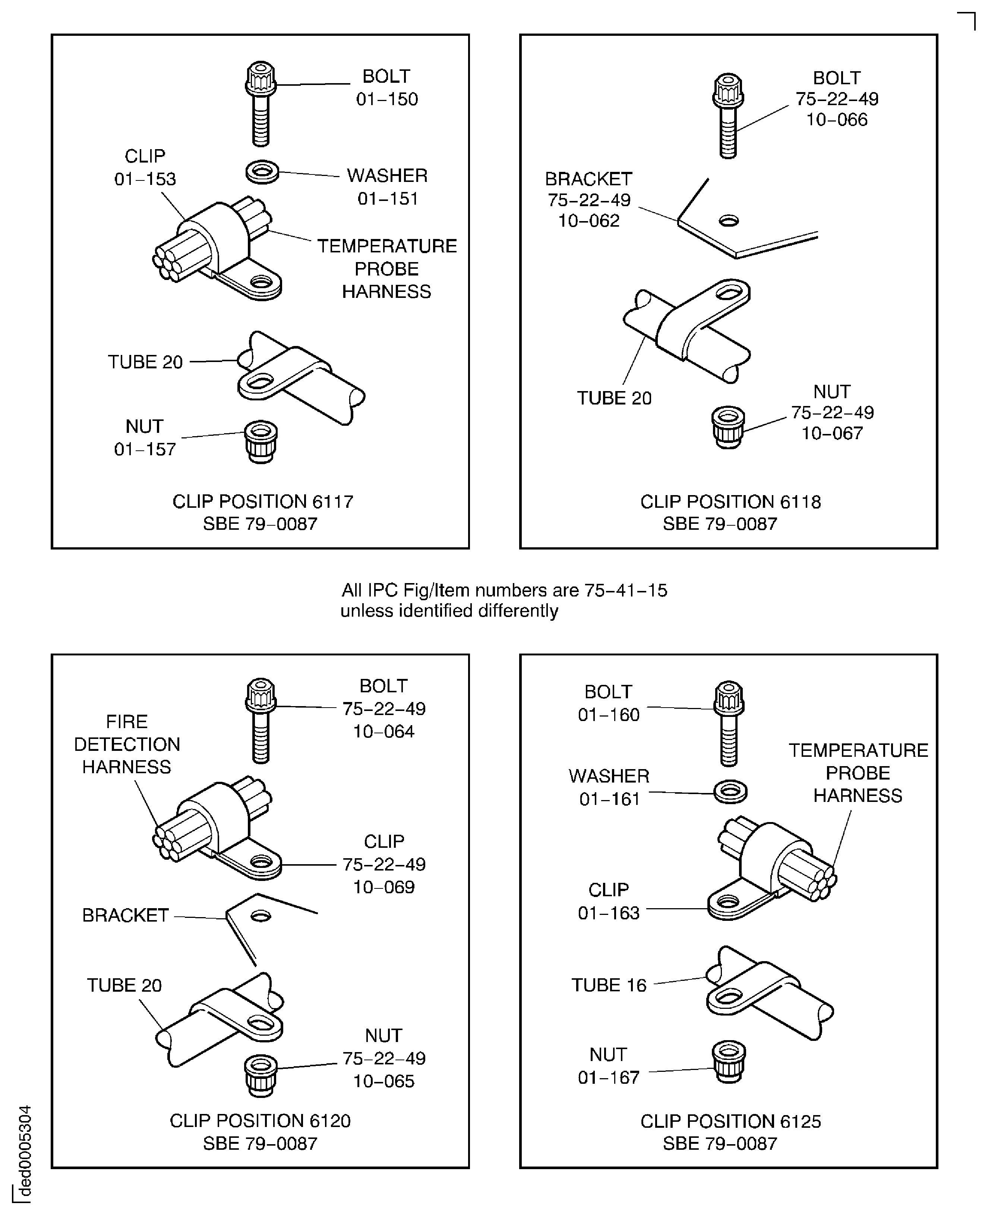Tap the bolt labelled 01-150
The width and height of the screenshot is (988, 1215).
(261, 104)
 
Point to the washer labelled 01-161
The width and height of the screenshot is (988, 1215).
(730, 791)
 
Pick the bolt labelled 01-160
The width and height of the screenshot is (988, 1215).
(729, 724)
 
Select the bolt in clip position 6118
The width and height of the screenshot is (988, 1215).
(728, 116)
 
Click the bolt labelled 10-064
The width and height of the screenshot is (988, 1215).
(261, 721)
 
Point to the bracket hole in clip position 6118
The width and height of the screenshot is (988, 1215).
(729, 220)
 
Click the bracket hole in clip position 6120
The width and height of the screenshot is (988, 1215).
(261, 916)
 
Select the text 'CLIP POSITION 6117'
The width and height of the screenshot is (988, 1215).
(263, 501)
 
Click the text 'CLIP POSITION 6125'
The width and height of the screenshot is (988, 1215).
(731, 1122)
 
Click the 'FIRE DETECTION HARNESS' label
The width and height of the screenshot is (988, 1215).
(127, 744)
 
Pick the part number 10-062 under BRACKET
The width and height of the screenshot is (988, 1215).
(589, 221)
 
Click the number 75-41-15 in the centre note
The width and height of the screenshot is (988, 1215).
(626, 591)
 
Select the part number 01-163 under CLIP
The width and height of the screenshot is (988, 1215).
(609, 913)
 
